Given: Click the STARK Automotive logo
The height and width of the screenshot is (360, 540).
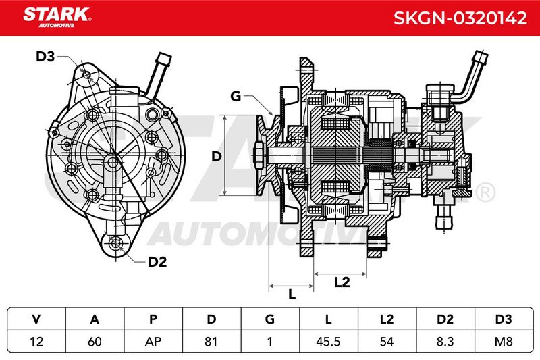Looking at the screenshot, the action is pos(57,18).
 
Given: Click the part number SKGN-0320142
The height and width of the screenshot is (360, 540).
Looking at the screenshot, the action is pos(460,18).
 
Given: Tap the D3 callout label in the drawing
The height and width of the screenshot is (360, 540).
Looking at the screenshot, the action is pos(45,57).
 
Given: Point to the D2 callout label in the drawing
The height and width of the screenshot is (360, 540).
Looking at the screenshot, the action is pos(157,262).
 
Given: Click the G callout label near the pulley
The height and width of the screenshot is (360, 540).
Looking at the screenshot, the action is pos(236,96).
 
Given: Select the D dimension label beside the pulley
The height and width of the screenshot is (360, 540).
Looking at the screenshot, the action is pos(216,157).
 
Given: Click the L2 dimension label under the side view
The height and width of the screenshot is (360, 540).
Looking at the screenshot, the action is pos(342,282).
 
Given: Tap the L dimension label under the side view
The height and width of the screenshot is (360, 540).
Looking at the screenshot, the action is pos(292,294).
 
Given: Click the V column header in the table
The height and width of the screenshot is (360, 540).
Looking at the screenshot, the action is pos(36,319).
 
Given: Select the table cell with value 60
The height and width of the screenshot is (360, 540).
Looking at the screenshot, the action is pos(94,342).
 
